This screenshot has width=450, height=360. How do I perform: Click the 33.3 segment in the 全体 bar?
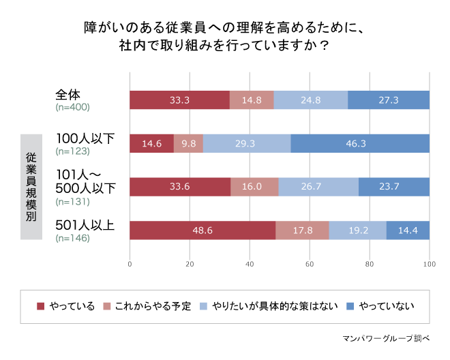pos(179,100)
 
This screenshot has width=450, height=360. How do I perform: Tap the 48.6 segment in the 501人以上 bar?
pos(202,230)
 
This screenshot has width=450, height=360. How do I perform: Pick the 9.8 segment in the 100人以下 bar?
pos(188,144)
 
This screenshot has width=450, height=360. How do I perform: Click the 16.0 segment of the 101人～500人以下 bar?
pos(254,187)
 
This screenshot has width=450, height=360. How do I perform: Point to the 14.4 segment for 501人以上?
pos(408,230)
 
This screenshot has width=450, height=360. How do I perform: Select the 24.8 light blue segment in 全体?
pos(310,100)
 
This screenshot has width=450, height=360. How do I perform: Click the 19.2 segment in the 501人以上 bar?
pos(357,230)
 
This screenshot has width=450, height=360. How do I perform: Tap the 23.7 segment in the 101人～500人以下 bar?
pos(393,187)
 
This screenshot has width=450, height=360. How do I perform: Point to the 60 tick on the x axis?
pos(310,264)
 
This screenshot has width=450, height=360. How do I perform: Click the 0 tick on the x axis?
pos(130,264)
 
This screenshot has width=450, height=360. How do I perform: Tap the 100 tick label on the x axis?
pos(429,264)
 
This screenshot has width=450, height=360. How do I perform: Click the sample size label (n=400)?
pos(72,108)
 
